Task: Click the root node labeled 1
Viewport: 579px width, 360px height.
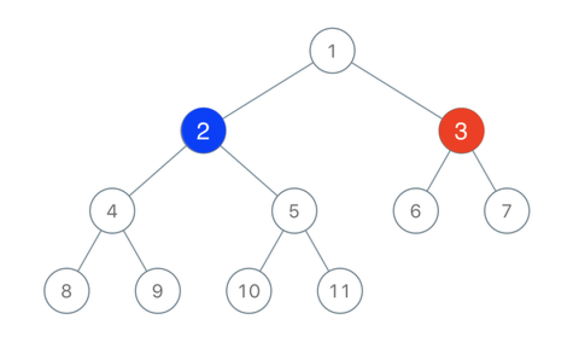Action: pos(332,50)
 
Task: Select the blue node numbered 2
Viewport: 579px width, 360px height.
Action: pos(203,130)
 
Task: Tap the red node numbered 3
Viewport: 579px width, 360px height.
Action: pos(461,130)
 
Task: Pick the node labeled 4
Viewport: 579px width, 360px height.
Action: pos(112,211)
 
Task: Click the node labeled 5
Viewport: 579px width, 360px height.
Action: pos(294,211)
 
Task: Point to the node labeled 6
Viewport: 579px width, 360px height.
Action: pos(416,211)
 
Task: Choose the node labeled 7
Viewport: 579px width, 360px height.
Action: pos(507,211)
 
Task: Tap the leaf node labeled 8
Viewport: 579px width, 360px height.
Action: pos(66,291)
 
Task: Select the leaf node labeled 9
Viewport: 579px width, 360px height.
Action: pos(158,291)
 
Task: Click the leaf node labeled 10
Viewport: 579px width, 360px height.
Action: pos(249,291)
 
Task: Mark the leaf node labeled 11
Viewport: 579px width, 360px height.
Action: pos(340,291)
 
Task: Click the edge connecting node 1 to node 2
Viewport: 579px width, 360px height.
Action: pos(268,91)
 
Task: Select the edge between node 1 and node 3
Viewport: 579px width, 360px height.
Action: pos(397,91)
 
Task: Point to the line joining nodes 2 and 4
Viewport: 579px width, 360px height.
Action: pos(158,171)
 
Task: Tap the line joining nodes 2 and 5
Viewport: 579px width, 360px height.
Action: pos(249,171)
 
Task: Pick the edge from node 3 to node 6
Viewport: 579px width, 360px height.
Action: pos(439,171)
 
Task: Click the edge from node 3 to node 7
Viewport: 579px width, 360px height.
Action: pos(484,171)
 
